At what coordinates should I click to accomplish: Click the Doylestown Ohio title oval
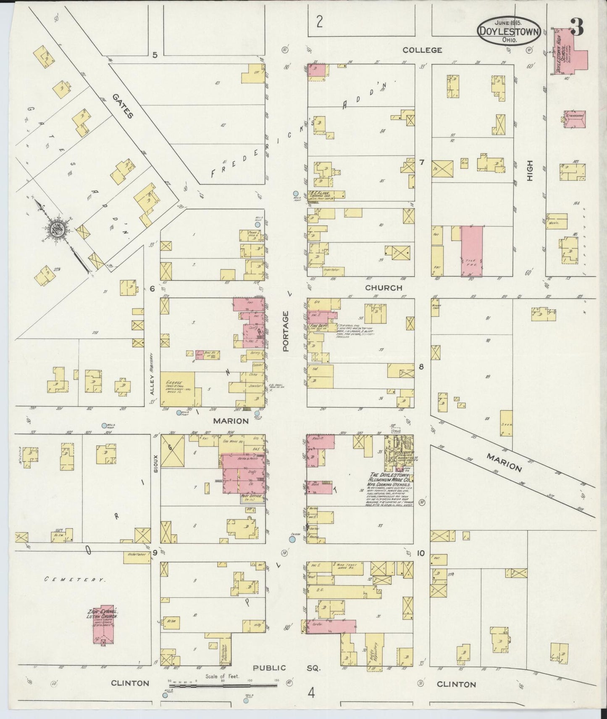[x=508, y=32]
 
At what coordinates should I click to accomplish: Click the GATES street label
[x=123, y=106]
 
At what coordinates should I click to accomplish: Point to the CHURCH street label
[x=384, y=288]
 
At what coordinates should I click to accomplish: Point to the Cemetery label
[x=75, y=579]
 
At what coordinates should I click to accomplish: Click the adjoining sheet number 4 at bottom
[x=311, y=693]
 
